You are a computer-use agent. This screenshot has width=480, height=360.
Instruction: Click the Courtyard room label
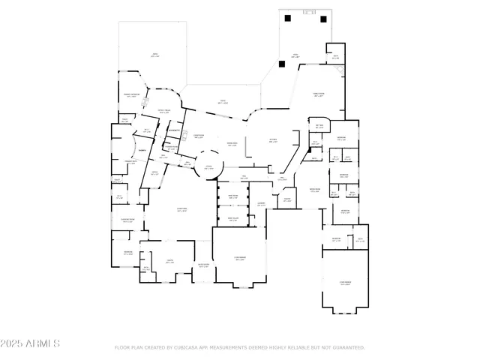click(x=181, y=210)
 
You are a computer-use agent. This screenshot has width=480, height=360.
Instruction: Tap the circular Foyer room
click(x=208, y=167)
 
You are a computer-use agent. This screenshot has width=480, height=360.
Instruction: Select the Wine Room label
click(x=232, y=197)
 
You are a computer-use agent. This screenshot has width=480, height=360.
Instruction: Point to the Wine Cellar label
click(x=232, y=220)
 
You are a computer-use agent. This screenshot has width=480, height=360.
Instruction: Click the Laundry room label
click(x=261, y=204)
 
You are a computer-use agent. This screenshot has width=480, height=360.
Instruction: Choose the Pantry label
click(x=287, y=199)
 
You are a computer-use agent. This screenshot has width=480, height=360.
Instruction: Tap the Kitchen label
click(x=273, y=139)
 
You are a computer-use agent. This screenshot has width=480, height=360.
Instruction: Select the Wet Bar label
click(x=319, y=126)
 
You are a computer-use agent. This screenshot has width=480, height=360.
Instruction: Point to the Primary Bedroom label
click(x=130, y=95)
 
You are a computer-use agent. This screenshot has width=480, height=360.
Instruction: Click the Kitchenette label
click(x=174, y=131)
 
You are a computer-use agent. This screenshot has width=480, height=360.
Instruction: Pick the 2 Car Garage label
click(x=240, y=259)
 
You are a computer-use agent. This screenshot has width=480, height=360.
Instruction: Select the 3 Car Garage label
click(x=345, y=283)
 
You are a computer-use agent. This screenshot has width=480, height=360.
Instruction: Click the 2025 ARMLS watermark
click(x=30, y=343)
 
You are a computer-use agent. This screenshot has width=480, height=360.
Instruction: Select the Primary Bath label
click(x=130, y=163)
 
